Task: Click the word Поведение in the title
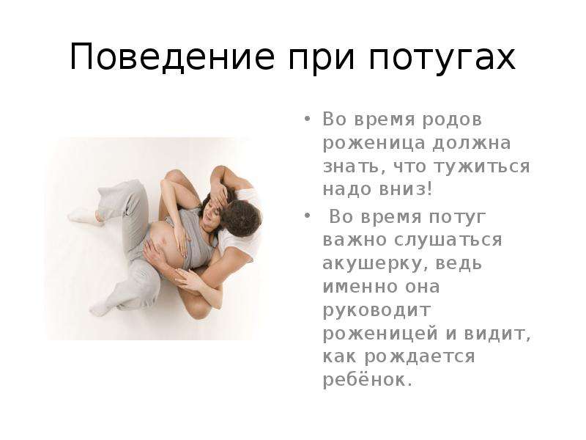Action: pos(172,57)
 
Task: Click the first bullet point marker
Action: pos(307,120)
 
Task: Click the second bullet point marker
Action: pos(307,216)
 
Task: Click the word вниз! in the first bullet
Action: pos(407,189)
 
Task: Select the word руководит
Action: pos(377,311)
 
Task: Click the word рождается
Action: pos(420,357)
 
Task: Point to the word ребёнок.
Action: pos(368,380)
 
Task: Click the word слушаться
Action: pos(448,241)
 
